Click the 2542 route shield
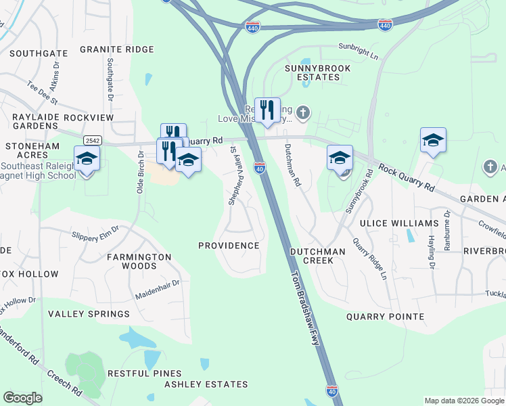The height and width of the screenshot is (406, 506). [93, 140]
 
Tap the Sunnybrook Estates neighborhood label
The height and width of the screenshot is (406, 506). [312, 72]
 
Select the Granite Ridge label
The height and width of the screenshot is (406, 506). [116, 49]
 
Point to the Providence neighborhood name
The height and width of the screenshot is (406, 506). [229, 245]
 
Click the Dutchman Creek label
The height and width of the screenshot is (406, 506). [317, 255]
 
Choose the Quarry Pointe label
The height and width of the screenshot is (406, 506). [385, 316]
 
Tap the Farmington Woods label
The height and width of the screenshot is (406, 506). [139, 261]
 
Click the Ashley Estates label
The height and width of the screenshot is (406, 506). [206, 384]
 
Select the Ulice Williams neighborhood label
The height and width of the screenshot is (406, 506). [399, 223]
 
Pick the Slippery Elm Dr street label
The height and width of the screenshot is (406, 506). [95, 232]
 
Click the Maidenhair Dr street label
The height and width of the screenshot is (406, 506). [157, 290]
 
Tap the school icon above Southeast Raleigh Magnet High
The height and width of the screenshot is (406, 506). [87, 159]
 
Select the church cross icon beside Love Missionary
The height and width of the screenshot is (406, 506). [304, 112]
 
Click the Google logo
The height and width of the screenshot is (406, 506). [23, 398]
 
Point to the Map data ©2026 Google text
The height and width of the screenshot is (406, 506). [463, 401]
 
